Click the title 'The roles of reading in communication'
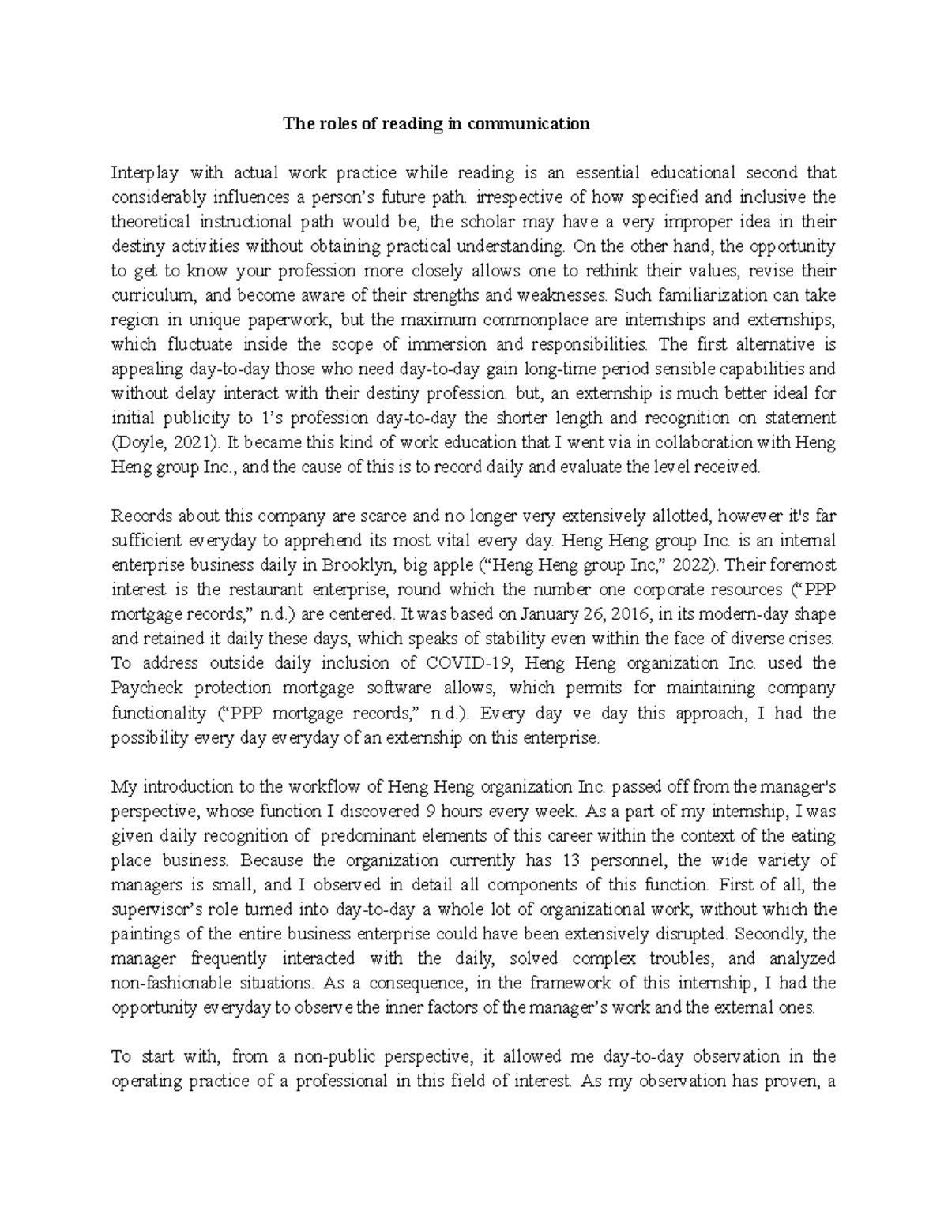click(437, 124)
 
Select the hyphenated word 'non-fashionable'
click(171, 984)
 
